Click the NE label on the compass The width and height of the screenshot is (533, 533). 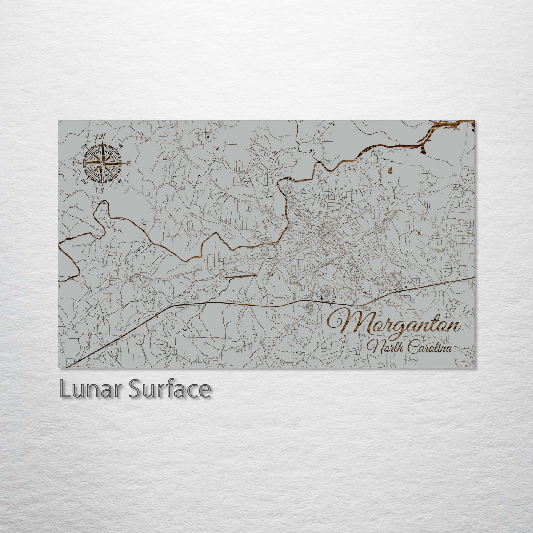pos(121,145)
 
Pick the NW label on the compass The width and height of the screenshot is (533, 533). pos(84,145)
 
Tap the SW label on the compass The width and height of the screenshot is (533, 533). pos(84,181)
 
